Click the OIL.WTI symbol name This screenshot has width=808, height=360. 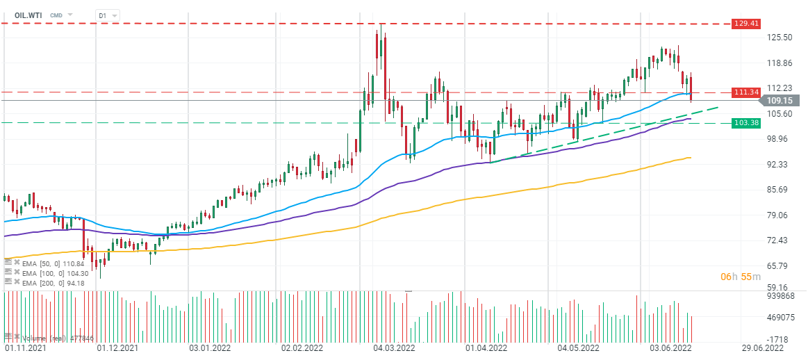point(28,15)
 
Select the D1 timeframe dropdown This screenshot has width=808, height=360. point(107,15)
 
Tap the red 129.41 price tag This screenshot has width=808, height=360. point(745,24)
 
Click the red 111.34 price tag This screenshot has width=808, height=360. point(745,92)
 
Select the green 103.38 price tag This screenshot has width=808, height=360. point(745,123)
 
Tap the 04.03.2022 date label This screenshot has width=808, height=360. point(395,348)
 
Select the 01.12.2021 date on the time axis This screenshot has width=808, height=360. point(117,348)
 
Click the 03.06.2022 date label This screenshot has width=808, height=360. point(669,348)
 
